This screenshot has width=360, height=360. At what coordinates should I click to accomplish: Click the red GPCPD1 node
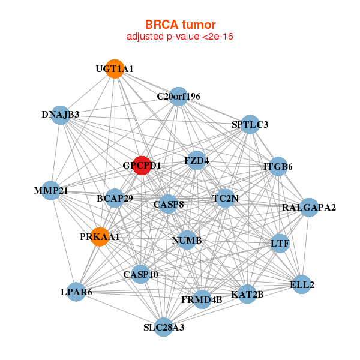point(141,165)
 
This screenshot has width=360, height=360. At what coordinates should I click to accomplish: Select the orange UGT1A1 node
point(114,68)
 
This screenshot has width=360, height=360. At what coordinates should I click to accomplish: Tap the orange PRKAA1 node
point(100,236)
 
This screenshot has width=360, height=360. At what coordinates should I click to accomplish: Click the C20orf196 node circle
point(178,96)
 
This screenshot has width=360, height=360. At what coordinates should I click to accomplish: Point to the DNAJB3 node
point(60,115)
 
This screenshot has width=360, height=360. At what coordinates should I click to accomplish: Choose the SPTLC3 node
point(250,124)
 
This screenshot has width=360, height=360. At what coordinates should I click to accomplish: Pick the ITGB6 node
point(278,166)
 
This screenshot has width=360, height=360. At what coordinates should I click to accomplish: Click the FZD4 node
point(197,160)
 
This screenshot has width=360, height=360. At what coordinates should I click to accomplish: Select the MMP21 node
point(51,191)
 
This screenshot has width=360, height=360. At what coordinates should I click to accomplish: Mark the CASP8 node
point(169,204)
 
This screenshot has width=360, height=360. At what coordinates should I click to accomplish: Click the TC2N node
point(225,198)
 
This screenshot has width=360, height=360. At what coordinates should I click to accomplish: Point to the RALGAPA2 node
point(309,208)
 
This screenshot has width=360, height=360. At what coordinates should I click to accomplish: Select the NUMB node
point(187,240)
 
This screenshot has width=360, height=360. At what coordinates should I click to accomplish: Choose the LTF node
point(280,244)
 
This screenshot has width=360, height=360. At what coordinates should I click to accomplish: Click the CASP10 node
point(141,274)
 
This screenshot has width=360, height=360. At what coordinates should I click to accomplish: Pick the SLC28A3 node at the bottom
point(164,327)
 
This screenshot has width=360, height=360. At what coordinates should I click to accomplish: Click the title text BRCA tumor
point(179,25)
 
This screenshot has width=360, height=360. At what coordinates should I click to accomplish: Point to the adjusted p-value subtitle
point(179,37)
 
